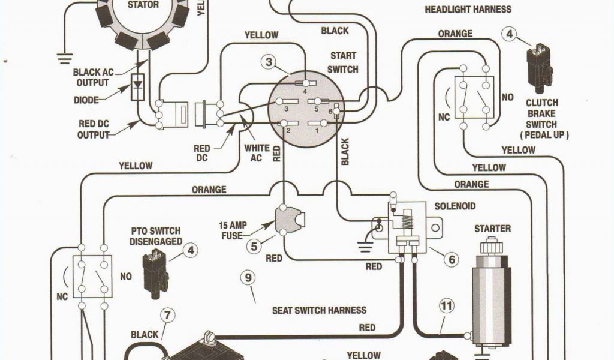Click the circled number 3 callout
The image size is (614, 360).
coord(269,62)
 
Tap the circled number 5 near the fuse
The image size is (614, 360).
coord(254,245)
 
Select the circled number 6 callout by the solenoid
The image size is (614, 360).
coord(451,259)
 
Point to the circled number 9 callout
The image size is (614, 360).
coord(247,278)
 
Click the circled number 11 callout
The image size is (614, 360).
coord(445,306)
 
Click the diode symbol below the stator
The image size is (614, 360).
coord(139,86)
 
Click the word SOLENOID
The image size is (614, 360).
coord(455,206)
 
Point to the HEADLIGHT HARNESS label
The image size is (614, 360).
coord(468,10)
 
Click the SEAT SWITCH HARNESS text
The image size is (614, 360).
coord(319,310)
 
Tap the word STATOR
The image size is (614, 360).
coord(144,5)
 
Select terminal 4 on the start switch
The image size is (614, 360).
coord(306,83)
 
